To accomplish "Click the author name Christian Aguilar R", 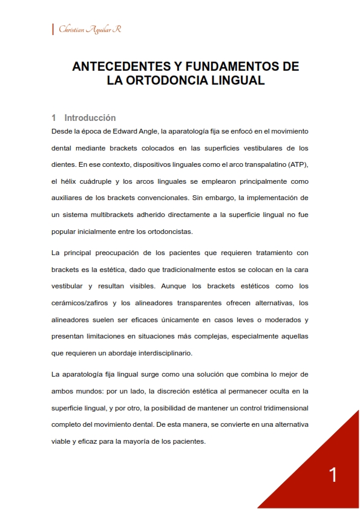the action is [90, 30].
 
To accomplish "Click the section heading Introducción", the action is [90, 118].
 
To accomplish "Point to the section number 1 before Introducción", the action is [54, 118].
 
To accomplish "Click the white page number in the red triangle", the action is [333, 475].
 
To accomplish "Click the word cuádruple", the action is [90, 181].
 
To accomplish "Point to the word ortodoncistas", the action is [183, 232].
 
